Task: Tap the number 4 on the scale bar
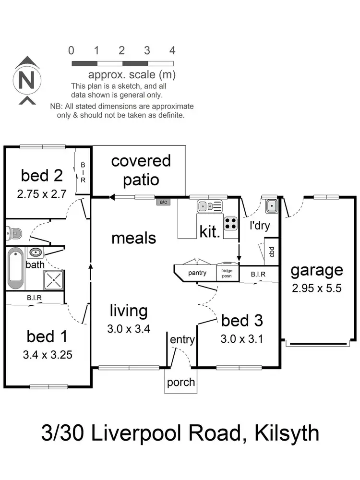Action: tap(172, 50)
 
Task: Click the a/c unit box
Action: tap(163, 202)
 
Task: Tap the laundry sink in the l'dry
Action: tap(271, 206)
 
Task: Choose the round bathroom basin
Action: tap(36, 252)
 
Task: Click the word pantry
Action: tap(197, 273)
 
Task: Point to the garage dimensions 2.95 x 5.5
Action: tap(317, 289)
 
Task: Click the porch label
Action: tap(181, 382)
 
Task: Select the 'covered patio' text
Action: tap(141, 170)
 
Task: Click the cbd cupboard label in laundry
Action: tap(272, 251)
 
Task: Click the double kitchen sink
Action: tap(209, 206)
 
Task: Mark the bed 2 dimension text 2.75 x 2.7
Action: tap(42, 194)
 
